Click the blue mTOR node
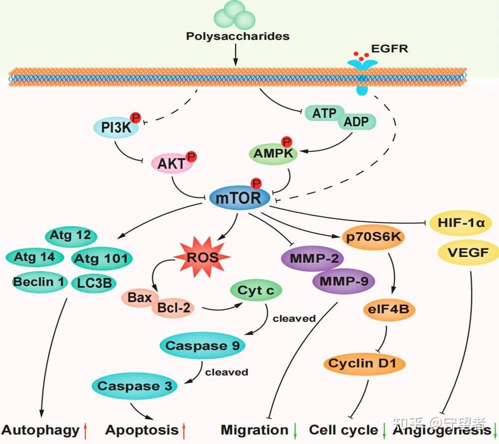(239, 198)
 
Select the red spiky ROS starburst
(202, 257)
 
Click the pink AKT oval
(172, 164)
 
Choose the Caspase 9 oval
(203, 346)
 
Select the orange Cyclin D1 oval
(364, 363)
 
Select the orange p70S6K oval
(373, 237)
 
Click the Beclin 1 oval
(39, 282)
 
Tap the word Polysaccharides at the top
(238, 36)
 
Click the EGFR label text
(390, 49)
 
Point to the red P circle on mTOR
(256, 183)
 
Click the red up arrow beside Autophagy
(86, 430)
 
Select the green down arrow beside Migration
(295, 430)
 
